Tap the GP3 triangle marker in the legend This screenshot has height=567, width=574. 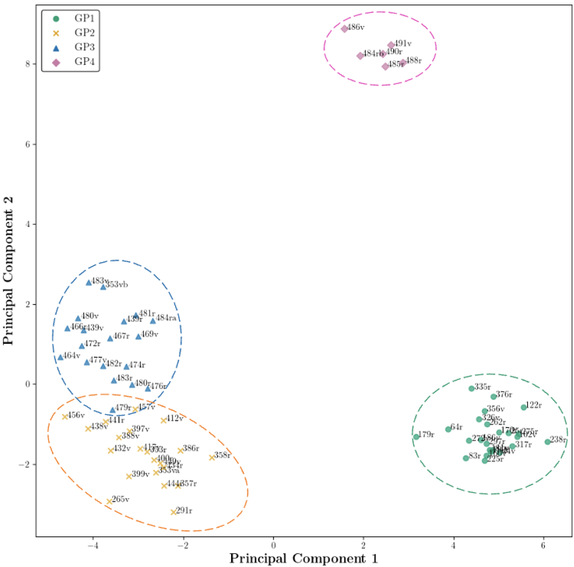click(56, 48)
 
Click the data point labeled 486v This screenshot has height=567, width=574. click(345, 29)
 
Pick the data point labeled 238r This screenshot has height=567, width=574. click(548, 442)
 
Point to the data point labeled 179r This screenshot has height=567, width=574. click(417, 436)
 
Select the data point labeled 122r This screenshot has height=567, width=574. click(524, 407)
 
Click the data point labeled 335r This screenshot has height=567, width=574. click(472, 388)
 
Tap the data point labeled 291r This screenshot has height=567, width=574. click(174, 512)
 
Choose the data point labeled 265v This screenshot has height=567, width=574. click(109, 501)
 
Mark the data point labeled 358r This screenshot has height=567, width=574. click(212, 457)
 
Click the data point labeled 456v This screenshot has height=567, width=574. click(65, 416)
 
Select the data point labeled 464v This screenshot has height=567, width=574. click(61, 357)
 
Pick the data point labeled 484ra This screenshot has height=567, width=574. click(154, 320)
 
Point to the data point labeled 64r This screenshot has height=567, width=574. click(448, 429)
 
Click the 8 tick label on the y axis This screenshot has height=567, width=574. click(28, 64)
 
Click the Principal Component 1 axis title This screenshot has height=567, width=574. click(303, 559)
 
